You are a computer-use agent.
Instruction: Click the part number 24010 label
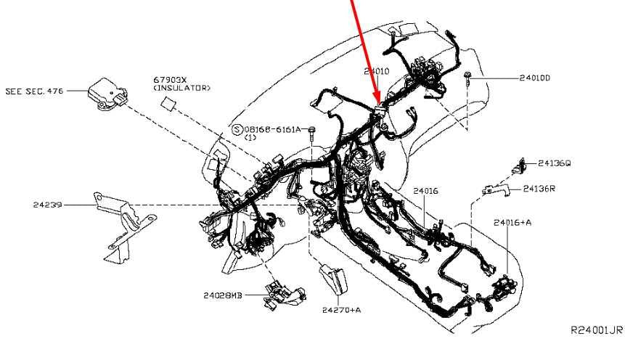[376, 71]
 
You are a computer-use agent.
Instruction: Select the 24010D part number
[534, 78]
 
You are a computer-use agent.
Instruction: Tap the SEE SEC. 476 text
[34, 91]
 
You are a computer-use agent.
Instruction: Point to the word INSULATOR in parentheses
[182, 88]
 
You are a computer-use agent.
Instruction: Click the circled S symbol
[237, 130]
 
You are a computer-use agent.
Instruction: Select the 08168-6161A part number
[272, 129]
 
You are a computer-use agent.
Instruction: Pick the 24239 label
[47, 205]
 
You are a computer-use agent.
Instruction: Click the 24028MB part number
[222, 295]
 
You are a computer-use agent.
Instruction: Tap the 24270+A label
[342, 310]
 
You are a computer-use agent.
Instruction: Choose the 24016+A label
[512, 222]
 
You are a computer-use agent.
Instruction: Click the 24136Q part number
[554, 163]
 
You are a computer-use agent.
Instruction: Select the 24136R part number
[539, 189]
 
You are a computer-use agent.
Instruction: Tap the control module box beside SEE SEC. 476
[107, 94]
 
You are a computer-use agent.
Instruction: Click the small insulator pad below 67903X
[168, 103]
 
